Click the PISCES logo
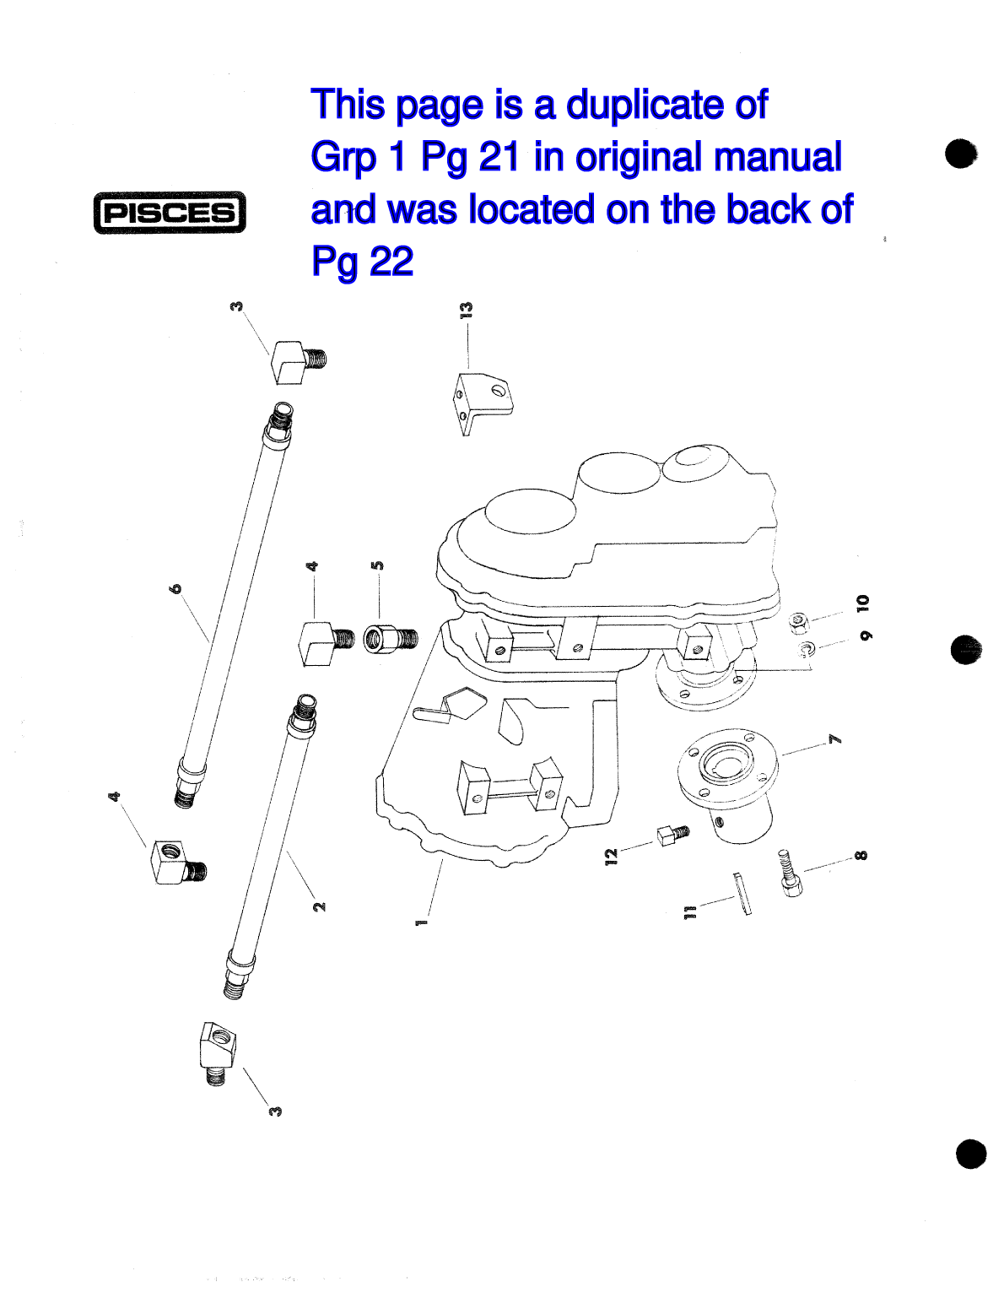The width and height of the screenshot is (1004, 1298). [x=170, y=212]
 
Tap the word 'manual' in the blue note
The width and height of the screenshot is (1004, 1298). [x=776, y=157]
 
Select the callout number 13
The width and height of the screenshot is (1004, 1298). [x=467, y=310]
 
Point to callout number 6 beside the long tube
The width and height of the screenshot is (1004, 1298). [x=175, y=588]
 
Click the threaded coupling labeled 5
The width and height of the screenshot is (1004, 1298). [x=390, y=638]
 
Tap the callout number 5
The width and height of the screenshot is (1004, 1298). [x=378, y=565]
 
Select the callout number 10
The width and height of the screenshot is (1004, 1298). [x=862, y=603]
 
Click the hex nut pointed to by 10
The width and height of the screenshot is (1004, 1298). [x=798, y=623]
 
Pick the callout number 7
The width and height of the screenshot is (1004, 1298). [x=834, y=739]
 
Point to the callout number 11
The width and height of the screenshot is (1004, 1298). [x=690, y=911]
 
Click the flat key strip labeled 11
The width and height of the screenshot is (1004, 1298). [x=742, y=893]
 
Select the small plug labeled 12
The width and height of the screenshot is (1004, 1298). [x=672, y=835]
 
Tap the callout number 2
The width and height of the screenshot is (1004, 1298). [x=319, y=906]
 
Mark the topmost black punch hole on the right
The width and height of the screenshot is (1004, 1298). [x=960, y=154]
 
